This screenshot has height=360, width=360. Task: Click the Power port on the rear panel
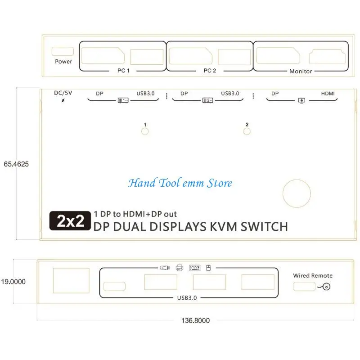[63, 51]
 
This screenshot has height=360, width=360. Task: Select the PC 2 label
[210, 71]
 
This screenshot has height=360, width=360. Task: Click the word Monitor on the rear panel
[301, 71]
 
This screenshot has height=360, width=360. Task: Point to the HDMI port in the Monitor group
[327, 56]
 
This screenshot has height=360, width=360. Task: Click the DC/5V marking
[63, 93]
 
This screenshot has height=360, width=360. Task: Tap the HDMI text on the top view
[328, 94]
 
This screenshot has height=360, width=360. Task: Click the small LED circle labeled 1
[145, 131]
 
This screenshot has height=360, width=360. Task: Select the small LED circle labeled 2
[247, 131]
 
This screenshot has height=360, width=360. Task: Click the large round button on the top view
[297, 194]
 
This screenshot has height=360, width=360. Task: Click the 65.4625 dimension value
[16, 164]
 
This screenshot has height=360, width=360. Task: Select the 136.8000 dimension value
[195, 320]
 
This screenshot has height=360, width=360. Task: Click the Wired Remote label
[313, 275]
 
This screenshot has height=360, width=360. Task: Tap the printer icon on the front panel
[180, 268]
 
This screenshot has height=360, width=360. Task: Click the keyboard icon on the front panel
[195, 268]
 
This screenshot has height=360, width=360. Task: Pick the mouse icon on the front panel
[208, 268]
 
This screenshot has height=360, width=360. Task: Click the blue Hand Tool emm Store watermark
[180, 183]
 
